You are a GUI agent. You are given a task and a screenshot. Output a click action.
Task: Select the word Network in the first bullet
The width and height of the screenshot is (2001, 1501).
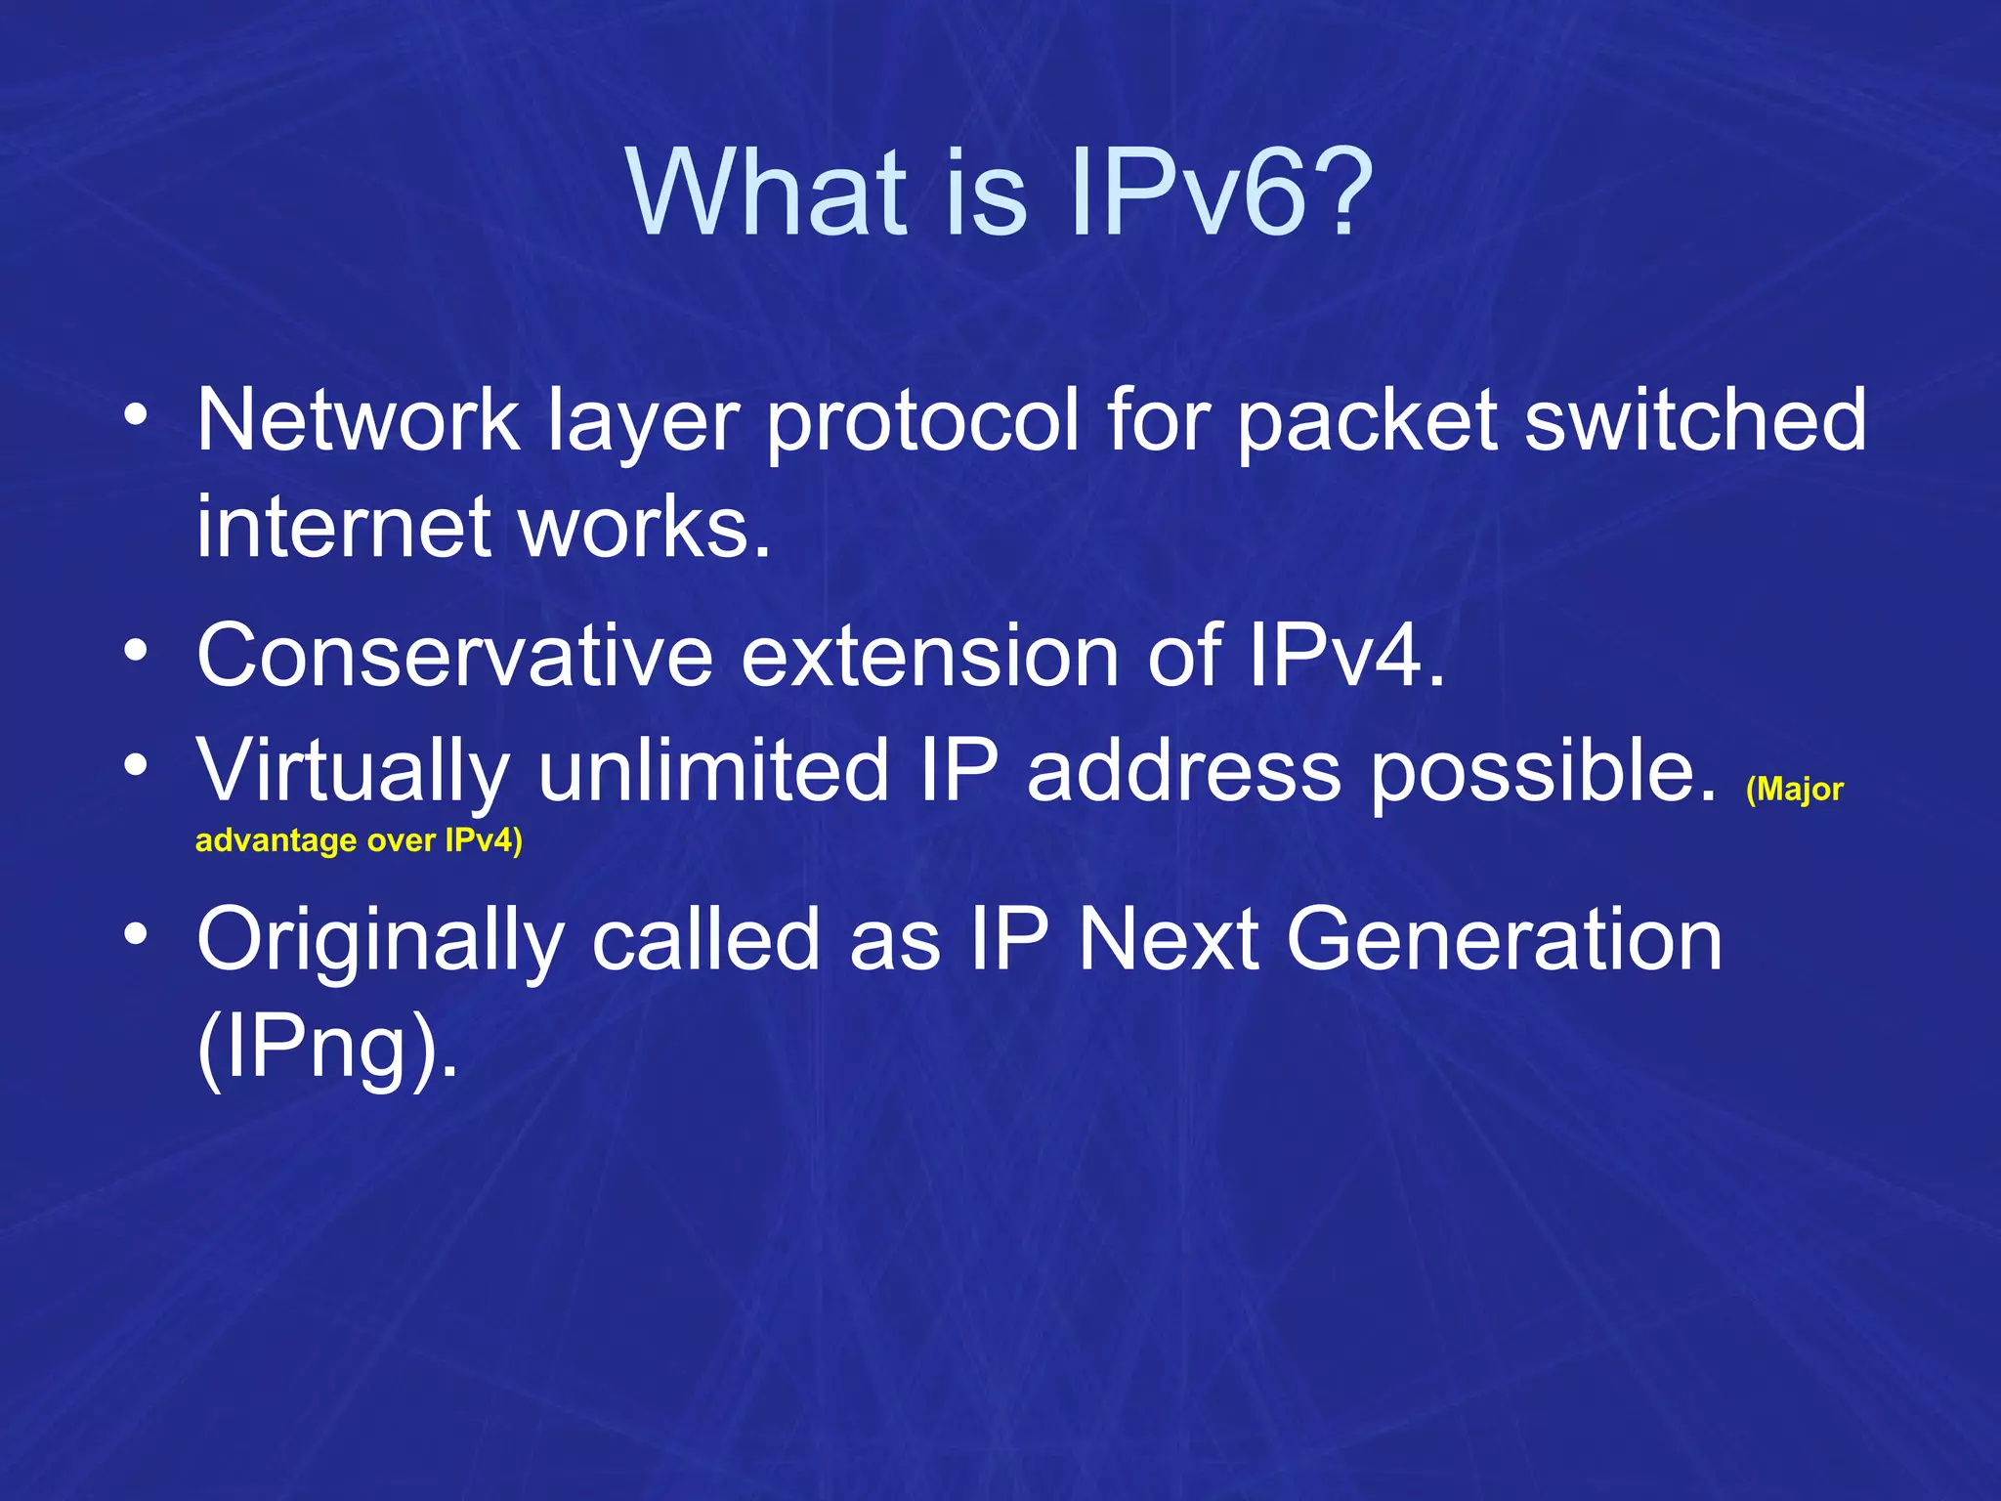[x=358, y=420]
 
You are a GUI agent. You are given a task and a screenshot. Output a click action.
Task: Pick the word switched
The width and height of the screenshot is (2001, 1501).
[x=1695, y=420]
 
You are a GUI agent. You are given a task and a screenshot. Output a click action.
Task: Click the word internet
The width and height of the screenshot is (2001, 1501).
[x=343, y=528]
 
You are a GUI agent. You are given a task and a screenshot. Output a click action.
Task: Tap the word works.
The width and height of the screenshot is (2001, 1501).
[x=645, y=528]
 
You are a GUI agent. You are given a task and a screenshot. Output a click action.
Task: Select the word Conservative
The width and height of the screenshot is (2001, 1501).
[x=455, y=656]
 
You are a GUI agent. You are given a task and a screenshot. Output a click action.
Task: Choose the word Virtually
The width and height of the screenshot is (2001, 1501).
[x=353, y=772]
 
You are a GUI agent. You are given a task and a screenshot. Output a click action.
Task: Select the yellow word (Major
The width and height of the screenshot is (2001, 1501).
[x=1794, y=790]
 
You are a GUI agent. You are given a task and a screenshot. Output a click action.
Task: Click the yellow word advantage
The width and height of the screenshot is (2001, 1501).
[x=277, y=841]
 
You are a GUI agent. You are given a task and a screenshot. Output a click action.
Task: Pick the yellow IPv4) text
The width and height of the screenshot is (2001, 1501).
[x=484, y=840]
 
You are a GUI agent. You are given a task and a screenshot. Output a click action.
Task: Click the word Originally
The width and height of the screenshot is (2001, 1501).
[x=381, y=941]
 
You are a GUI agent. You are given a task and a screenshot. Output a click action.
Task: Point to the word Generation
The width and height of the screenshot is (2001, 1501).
[x=1505, y=940]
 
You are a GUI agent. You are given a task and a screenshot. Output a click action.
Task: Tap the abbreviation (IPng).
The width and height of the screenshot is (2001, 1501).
[x=327, y=1049]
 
